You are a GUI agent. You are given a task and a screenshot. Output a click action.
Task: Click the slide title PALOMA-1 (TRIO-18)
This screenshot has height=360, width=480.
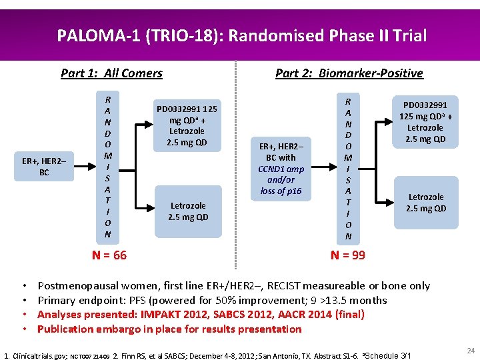[241, 35]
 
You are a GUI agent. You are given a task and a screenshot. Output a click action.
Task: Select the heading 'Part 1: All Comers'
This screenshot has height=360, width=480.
[111, 73]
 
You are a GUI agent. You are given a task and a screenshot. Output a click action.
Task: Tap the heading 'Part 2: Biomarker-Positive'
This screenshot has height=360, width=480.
[349, 73]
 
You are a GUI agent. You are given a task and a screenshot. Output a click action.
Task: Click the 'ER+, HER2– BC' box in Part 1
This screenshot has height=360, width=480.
[44, 167]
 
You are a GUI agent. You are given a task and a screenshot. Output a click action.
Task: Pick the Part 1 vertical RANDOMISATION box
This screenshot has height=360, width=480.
[107, 167]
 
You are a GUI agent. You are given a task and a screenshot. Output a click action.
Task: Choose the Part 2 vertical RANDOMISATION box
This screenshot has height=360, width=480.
[348, 167]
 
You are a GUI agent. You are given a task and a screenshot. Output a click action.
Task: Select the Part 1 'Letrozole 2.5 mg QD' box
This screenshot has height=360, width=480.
[187, 211]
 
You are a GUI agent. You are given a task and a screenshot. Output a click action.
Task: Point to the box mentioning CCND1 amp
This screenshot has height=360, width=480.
[281, 169]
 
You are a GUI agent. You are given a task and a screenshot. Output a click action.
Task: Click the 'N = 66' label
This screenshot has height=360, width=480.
[109, 255]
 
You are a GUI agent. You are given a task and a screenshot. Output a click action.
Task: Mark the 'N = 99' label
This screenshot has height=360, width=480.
[348, 255]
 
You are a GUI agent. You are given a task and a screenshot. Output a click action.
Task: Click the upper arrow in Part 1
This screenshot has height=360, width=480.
[139, 122]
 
